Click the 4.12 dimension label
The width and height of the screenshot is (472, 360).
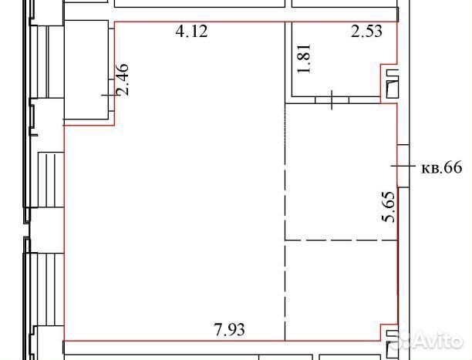click(192, 32)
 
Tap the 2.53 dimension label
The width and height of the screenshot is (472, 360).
click(366, 32)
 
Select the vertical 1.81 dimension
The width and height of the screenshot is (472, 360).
click(304, 59)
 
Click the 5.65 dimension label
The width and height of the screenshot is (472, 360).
click(388, 207)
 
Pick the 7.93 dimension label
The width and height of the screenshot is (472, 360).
click(229, 330)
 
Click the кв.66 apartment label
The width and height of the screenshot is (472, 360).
click(441, 167)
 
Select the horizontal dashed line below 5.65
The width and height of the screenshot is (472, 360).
click(341, 241)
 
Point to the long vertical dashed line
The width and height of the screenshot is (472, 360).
click(285, 222)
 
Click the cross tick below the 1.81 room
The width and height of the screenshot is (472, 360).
click(332, 100)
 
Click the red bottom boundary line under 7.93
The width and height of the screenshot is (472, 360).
click(222, 341)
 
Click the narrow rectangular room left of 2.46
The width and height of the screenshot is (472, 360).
click(86, 70)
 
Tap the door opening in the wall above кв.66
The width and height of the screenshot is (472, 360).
click(403, 166)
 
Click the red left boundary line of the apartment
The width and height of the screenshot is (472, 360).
click(64, 234)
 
